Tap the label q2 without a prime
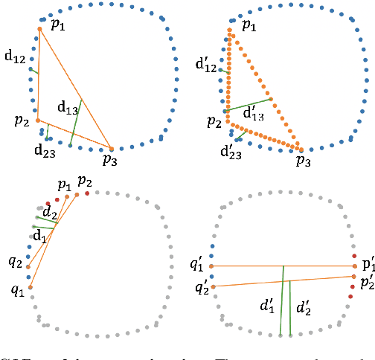tap(14, 262)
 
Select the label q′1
tap(199, 263)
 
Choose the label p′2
tap(366, 283)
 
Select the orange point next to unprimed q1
tap(31, 286)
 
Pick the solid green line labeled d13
tap(76, 123)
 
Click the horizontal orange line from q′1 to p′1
tap(283, 266)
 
